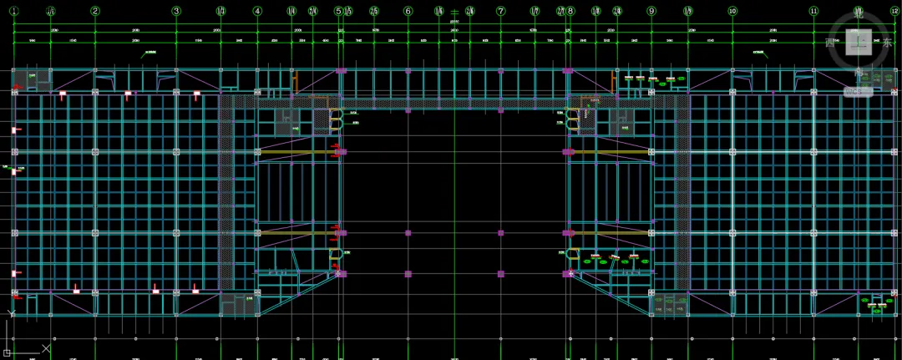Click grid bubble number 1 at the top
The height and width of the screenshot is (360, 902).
(13, 11)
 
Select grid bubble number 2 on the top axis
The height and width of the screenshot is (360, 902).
(95, 11)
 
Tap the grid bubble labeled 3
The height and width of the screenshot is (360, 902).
(176, 11)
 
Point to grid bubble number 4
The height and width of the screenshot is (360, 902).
(257, 11)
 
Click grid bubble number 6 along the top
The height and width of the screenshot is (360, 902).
(408, 11)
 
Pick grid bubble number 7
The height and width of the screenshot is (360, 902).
(501, 11)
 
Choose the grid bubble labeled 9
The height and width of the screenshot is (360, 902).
(651, 11)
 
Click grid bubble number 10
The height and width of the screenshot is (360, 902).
(732, 11)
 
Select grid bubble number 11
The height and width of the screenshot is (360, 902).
(813, 11)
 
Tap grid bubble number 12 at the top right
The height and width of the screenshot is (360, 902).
(894, 11)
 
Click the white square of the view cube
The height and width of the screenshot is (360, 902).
(859, 42)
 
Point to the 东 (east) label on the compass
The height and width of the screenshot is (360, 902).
(888, 43)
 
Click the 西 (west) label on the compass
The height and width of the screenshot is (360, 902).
(829, 43)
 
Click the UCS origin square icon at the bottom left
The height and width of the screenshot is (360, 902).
(6, 352)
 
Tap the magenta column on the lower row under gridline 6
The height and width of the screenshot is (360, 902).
(408, 273)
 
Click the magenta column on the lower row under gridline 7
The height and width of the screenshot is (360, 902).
(501, 273)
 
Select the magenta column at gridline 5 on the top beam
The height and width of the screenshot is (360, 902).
(340, 71)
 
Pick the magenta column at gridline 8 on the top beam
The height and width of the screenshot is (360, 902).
(568, 71)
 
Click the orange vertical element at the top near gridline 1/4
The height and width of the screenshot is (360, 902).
(296, 81)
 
